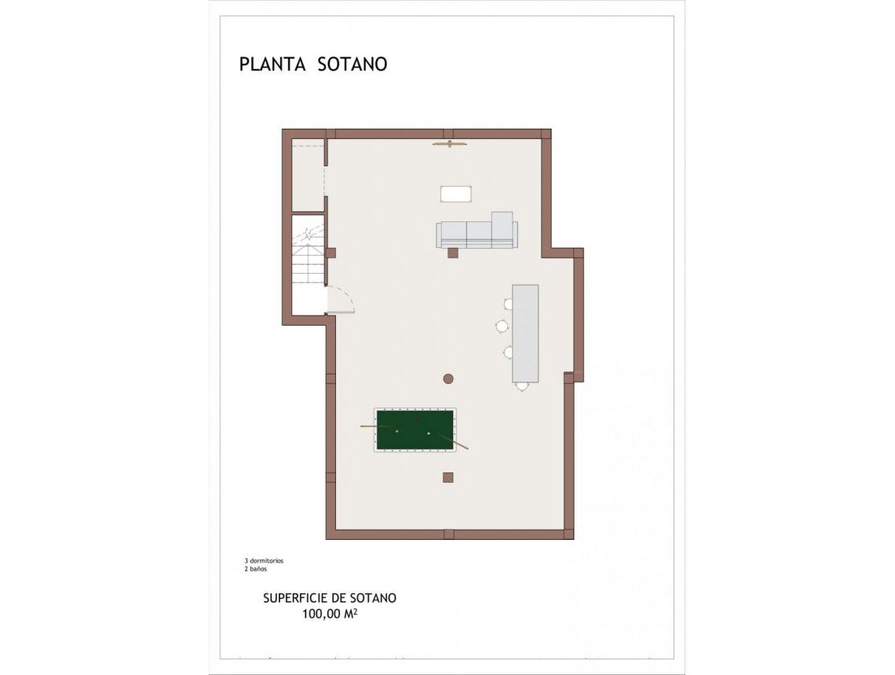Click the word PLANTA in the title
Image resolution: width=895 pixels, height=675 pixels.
(272, 64)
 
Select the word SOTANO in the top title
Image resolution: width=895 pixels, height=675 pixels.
(353, 64)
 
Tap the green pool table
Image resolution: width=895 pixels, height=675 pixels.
(415, 429)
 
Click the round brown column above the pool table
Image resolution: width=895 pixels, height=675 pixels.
(448, 379)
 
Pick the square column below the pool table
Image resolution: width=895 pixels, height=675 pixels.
(447, 477)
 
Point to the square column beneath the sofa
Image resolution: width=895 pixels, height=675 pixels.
(452, 253)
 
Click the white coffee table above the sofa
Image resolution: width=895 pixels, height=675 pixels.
(455, 193)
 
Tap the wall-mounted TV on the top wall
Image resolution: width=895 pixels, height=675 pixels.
(449, 144)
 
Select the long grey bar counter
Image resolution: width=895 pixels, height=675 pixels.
(525, 333)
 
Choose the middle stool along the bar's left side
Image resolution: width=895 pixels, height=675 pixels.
(502, 326)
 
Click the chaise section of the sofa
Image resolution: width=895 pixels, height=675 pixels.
(502, 228)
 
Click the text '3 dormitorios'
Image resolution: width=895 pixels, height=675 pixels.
(264, 561)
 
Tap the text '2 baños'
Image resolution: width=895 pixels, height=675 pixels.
(256, 569)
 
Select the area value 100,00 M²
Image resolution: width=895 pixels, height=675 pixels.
(330, 615)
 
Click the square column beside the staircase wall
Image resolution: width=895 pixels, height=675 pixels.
(331, 253)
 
